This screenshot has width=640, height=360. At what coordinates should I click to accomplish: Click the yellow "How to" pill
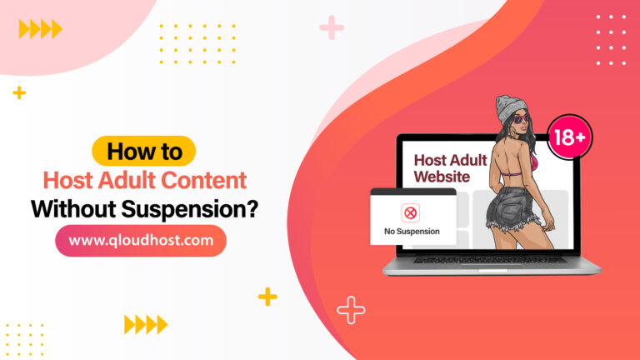[143, 152]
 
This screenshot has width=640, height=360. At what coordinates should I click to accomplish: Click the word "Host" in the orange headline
[72, 180]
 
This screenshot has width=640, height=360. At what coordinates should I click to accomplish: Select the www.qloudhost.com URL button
[140, 241]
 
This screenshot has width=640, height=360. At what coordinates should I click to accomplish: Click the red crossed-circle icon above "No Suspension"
[411, 213]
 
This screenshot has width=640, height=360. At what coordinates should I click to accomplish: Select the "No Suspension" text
[412, 231]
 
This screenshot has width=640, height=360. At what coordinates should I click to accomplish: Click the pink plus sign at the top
[332, 27]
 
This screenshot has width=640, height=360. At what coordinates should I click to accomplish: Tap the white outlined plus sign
[351, 310]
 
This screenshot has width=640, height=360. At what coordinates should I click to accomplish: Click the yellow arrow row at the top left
[40, 29]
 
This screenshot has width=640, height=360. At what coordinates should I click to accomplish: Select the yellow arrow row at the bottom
[145, 324]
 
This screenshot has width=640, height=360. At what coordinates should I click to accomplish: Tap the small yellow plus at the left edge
[19, 92]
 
